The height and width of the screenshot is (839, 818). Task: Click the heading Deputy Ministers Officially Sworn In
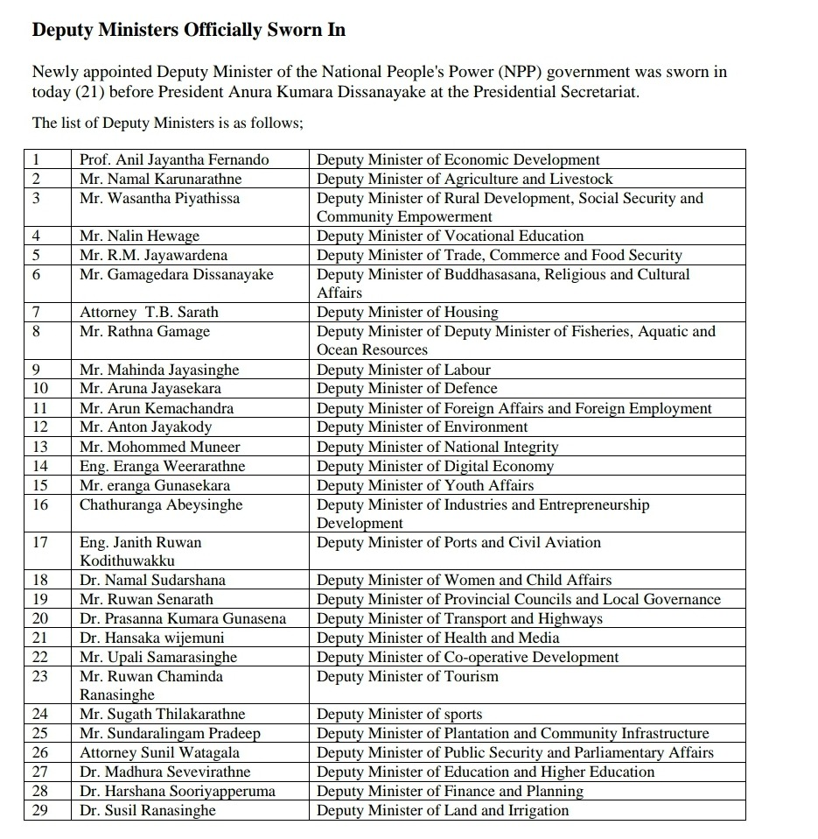pyautogui.click(x=188, y=31)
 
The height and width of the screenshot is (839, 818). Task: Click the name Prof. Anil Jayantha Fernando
pyautogui.click(x=174, y=159)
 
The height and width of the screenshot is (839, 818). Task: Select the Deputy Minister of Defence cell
pyautogui.click(x=407, y=388)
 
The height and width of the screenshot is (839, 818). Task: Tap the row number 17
pyautogui.click(x=40, y=542)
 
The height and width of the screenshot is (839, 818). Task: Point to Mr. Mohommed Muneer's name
pyautogui.click(x=159, y=447)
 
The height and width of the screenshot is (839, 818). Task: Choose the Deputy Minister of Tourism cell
pyautogui.click(x=408, y=676)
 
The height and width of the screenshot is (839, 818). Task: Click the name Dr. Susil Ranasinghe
pyautogui.click(x=147, y=810)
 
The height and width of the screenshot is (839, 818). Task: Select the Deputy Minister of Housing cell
pyautogui.click(x=408, y=312)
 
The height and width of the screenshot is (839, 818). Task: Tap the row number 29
pyautogui.click(x=40, y=810)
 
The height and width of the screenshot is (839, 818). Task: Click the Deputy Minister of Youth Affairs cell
pyautogui.click(x=425, y=485)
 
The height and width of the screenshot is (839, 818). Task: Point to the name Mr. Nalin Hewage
pyautogui.click(x=139, y=236)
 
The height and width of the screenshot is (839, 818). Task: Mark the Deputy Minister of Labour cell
pyautogui.click(x=403, y=370)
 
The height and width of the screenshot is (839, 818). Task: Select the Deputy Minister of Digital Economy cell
pyautogui.click(x=435, y=466)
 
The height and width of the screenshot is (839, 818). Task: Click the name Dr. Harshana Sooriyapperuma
pyautogui.click(x=178, y=791)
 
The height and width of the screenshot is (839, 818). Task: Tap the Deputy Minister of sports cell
pyautogui.click(x=400, y=715)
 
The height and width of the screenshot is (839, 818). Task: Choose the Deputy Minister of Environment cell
pyautogui.click(x=423, y=427)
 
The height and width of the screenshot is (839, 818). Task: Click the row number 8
pyautogui.click(x=37, y=331)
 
